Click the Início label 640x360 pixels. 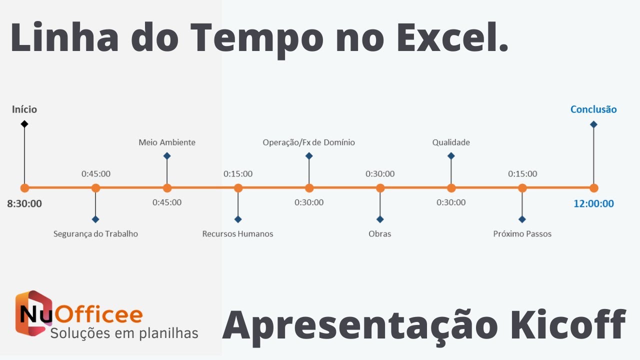pos(24,109)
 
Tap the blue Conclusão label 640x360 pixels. pos(593,109)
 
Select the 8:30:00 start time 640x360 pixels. pos(24,203)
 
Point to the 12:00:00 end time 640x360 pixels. pos(593,203)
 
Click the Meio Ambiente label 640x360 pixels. pos(167,142)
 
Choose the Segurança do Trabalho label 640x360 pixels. pos(95,233)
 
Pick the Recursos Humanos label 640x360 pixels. pos(237,233)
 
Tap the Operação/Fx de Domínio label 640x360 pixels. pos(308,142)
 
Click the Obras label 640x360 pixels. pos(379,233)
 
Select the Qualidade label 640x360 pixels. pos(451,142)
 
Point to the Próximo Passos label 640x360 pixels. pos(522,233)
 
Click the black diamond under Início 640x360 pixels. pos(24,123)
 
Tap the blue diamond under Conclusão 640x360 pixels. pos(593,124)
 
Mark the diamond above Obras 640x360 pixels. pos(380,219)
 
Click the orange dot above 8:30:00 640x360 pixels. pos(24,188)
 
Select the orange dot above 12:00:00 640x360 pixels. pos(593,188)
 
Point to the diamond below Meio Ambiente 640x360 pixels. pos(167,156)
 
